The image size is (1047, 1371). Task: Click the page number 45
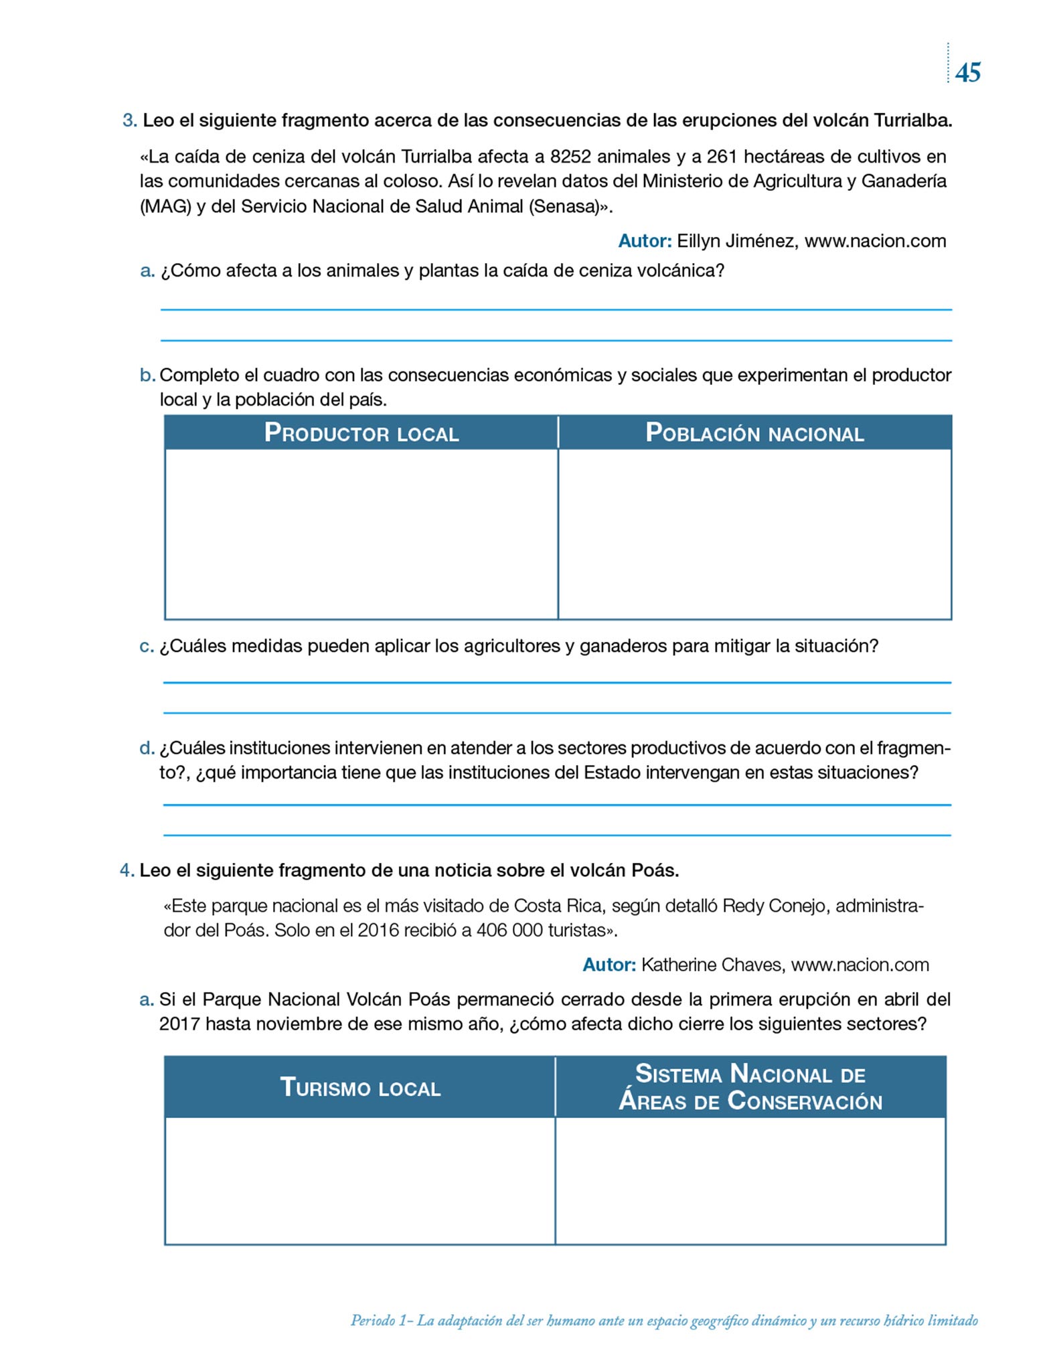[x=968, y=72]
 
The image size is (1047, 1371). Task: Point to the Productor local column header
[x=361, y=433]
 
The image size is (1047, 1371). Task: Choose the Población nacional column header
[x=754, y=433]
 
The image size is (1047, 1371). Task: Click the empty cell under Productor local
[x=361, y=534]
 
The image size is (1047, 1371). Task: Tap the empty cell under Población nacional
[x=754, y=534]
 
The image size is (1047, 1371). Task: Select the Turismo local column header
[x=360, y=1087]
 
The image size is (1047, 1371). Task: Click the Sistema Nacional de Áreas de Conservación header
[x=750, y=1087]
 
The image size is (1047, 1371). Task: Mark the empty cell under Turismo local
[x=360, y=1181]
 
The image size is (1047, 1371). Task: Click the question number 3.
[x=129, y=121]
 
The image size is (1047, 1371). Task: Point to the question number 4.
[x=127, y=871]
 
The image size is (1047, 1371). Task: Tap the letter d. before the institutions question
[x=147, y=748]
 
